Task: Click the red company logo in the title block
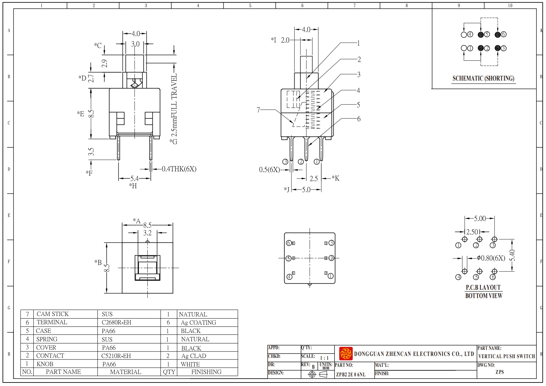(346, 354)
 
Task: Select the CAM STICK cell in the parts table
(53, 314)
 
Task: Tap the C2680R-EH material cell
(116, 322)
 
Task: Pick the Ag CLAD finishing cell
(193, 356)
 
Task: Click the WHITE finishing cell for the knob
(190, 364)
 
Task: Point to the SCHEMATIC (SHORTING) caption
(483, 78)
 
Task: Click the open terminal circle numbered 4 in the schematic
(464, 35)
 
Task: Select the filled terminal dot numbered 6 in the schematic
(498, 35)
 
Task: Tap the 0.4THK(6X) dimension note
(179, 169)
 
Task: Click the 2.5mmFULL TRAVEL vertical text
(174, 106)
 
